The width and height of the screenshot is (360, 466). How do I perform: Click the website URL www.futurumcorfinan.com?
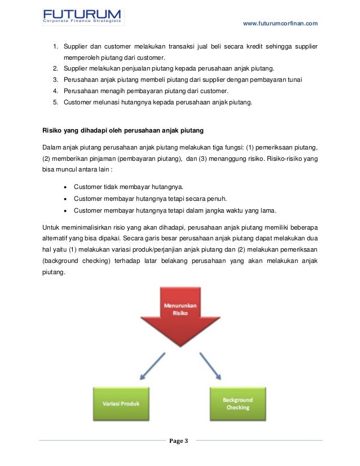tap(280, 23)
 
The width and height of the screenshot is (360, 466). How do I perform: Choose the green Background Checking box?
tap(238, 403)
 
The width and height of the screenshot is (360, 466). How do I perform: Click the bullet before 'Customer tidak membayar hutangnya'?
tap(68, 187)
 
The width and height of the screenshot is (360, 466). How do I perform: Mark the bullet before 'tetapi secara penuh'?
tap(68, 199)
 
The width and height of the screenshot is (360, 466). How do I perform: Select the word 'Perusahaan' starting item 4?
tap(80, 91)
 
